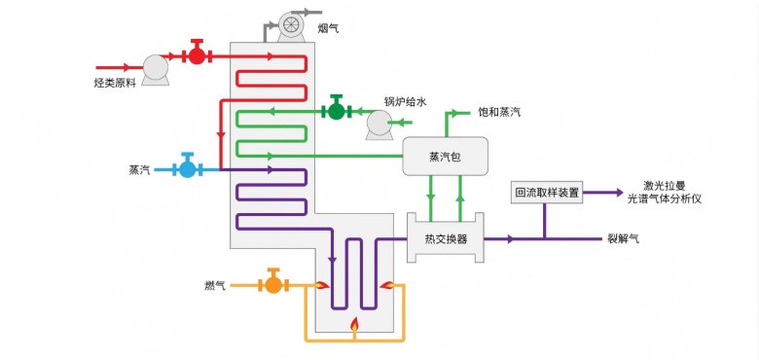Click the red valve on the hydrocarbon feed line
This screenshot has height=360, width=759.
tap(197, 54)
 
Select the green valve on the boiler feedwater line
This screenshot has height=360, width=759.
tap(336, 110)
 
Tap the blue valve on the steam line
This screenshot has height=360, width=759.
tap(187, 168)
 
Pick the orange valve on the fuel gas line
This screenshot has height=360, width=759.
tap(272, 284)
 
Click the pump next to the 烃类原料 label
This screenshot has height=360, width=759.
tap(155, 66)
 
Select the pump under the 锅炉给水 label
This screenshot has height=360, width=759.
tap(379, 124)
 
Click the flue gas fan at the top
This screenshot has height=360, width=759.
tap(289, 26)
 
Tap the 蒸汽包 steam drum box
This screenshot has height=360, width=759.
tap(446, 157)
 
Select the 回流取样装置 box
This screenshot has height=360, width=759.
tap(546, 193)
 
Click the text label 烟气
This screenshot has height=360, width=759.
tap(330, 29)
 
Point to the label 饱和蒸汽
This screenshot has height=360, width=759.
tap(499, 113)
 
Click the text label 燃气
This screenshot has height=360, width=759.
tap(215, 285)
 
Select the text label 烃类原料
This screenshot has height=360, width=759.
tap(115, 85)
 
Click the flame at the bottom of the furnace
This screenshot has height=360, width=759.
tap(354, 324)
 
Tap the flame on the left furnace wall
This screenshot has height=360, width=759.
tap(318, 285)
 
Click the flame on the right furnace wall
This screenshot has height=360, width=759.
tap(387, 285)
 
